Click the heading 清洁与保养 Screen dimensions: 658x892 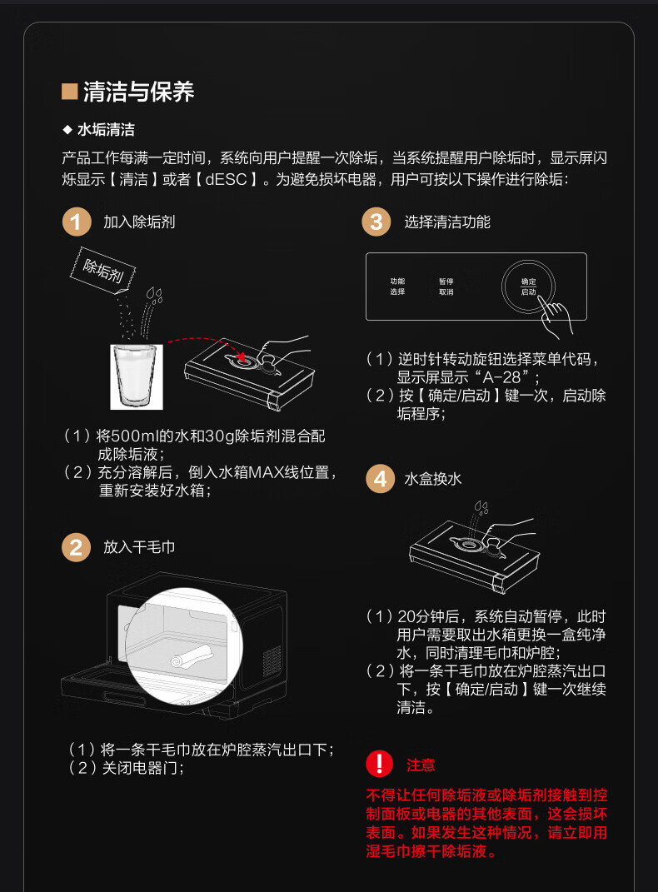pyautogui.click(x=139, y=92)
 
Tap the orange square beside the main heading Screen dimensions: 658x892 pyautogui.click(x=69, y=92)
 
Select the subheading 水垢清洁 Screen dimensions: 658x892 pyautogui.click(x=106, y=130)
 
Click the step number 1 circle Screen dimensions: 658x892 pyautogui.click(x=76, y=222)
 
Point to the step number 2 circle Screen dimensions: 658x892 pyautogui.click(x=76, y=547)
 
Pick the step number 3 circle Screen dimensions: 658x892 pyautogui.click(x=376, y=222)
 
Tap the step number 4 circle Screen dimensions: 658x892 pyautogui.click(x=380, y=479)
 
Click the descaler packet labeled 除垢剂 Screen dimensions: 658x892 pyautogui.click(x=103, y=270)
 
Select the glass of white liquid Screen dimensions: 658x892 pyautogui.click(x=137, y=376)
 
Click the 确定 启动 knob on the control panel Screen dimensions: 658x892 pyautogui.click(x=528, y=287)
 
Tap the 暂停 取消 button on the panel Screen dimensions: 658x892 pyautogui.click(x=446, y=287)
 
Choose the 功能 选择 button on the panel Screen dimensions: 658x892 pyautogui.click(x=397, y=287)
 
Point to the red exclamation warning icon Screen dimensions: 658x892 pyautogui.click(x=379, y=764)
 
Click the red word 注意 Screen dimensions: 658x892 pyautogui.click(x=421, y=765)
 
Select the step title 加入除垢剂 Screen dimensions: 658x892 pyautogui.click(x=139, y=222)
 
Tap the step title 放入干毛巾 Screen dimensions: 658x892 pyautogui.click(x=139, y=547)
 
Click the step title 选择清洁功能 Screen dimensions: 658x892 pyautogui.click(x=447, y=222)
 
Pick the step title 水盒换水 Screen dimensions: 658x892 pyautogui.click(x=433, y=479)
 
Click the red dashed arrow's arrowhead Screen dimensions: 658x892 pyautogui.click(x=242, y=356)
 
